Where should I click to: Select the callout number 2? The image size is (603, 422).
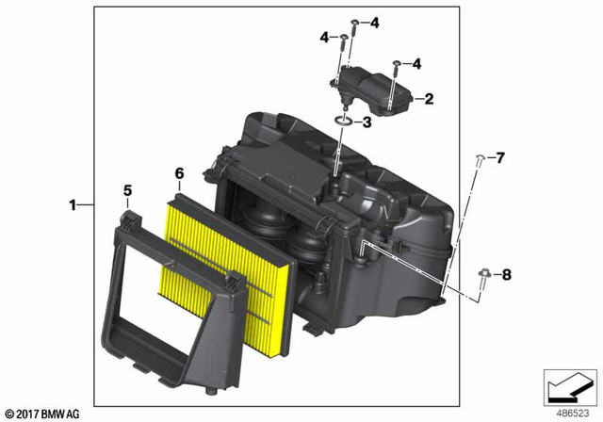(x=429, y=97)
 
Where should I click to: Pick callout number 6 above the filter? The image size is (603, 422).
(x=179, y=173)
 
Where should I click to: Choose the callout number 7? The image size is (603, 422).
(x=501, y=155)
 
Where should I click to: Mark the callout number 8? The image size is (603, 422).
(x=506, y=274)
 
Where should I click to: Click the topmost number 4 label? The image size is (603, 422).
(x=374, y=22)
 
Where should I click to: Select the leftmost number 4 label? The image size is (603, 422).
(x=324, y=38)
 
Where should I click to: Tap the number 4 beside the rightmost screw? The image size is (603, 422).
(x=416, y=64)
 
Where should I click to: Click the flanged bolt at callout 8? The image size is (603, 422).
(x=483, y=275)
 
